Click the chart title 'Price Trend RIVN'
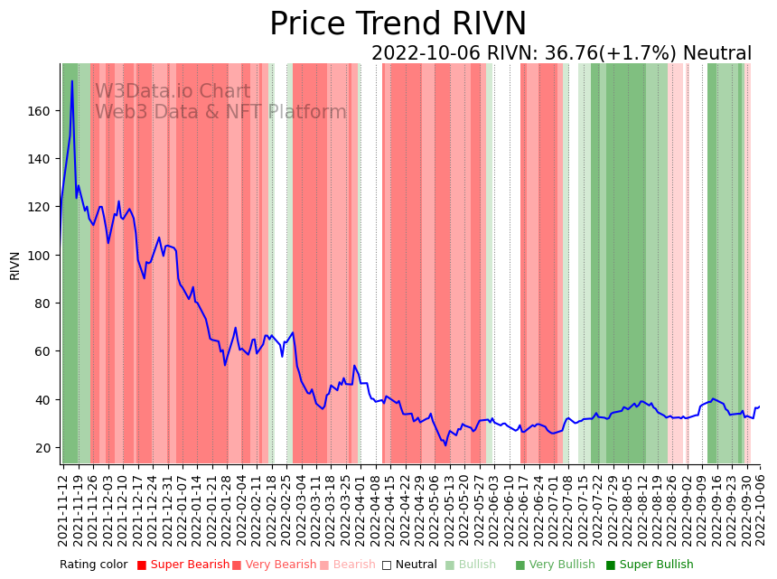[x=398, y=24]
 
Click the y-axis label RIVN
[x=14, y=266]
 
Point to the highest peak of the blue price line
[x=72, y=81]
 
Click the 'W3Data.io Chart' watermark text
[x=173, y=92]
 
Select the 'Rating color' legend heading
[x=94, y=565]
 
